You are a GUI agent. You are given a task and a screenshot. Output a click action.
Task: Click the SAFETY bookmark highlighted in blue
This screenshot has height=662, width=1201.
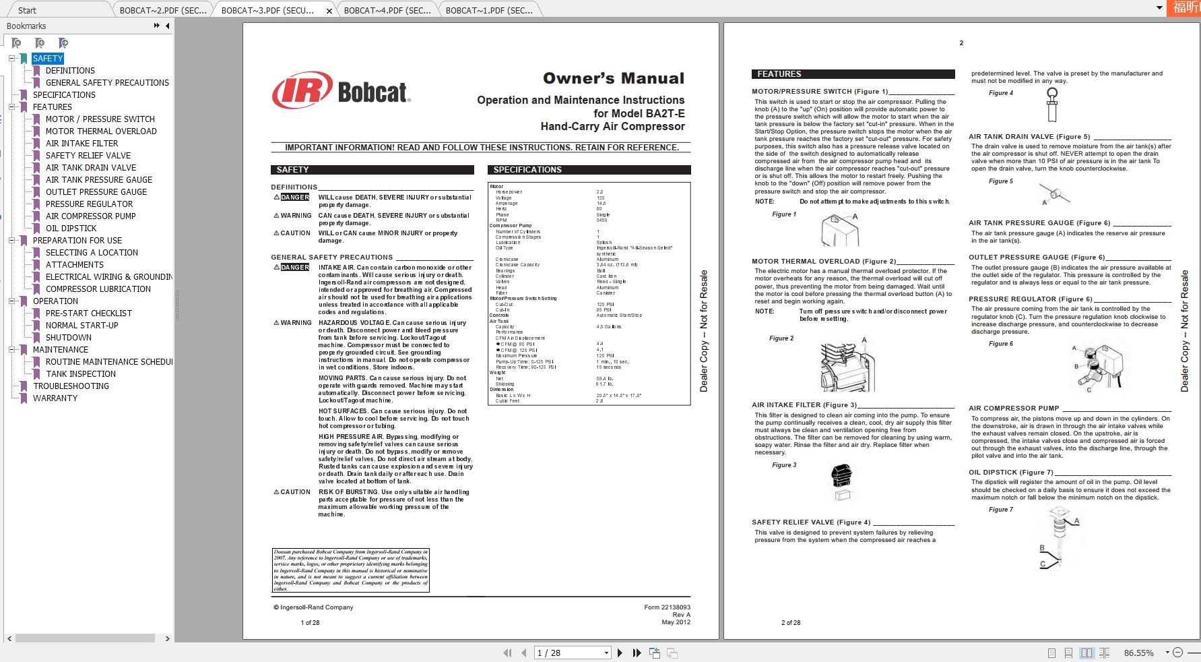[x=48, y=59]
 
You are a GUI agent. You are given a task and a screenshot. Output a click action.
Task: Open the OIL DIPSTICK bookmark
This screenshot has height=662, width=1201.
[x=71, y=229]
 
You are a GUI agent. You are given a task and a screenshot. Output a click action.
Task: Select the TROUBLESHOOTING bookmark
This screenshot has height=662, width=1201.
[x=71, y=386]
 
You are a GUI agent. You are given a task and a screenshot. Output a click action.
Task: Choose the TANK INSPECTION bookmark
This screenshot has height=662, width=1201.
[x=81, y=374]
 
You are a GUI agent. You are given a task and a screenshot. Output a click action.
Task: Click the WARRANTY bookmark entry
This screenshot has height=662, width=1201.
[x=55, y=398]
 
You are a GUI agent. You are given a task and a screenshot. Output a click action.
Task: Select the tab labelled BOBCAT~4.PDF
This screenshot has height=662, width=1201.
[x=387, y=10]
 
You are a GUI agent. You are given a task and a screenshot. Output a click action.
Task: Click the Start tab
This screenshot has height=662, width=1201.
[x=27, y=10]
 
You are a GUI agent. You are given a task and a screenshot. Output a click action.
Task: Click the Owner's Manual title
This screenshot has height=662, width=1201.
[x=613, y=78]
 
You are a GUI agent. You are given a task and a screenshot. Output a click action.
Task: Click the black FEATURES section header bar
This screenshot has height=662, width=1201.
[x=853, y=74]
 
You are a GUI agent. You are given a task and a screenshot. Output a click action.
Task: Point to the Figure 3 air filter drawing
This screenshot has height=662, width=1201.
[x=842, y=483]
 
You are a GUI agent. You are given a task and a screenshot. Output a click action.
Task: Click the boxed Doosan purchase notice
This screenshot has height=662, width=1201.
[x=350, y=570]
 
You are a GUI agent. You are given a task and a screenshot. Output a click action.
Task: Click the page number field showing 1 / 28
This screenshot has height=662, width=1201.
[x=572, y=653]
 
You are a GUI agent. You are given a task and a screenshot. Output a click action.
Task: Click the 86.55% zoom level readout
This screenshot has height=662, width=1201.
[x=1138, y=653]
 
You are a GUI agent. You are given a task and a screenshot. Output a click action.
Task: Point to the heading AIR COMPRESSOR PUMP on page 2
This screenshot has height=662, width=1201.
[x=1014, y=409]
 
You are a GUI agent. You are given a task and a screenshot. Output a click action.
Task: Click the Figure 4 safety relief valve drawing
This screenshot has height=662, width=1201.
[x=1052, y=104]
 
